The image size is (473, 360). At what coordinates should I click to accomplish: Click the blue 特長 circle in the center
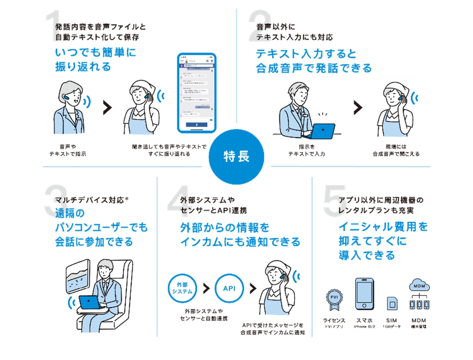(x=236, y=157)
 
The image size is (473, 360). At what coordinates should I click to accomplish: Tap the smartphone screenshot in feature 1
(x=197, y=93)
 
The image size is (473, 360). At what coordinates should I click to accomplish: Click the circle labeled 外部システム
(x=182, y=288)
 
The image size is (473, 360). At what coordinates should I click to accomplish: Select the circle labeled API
(x=229, y=288)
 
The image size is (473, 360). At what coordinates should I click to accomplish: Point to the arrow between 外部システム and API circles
(x=206, y=288)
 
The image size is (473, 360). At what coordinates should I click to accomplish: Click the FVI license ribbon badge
(x=334, y=299)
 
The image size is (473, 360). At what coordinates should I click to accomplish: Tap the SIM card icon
(x=392, y=304)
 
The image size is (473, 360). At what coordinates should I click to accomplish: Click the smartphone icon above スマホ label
(x=364, y=294)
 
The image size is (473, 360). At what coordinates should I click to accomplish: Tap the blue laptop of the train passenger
(x=89, y=302)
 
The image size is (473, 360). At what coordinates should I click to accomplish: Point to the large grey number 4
(x=178, y=201)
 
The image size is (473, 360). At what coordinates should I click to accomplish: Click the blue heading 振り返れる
(x=83, y=67)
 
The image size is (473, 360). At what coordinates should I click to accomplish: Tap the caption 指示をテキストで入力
(x=307, y=150)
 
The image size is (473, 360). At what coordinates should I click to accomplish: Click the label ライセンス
(x=334, y=321)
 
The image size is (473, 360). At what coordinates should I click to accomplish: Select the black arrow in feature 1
(x=108, y=108)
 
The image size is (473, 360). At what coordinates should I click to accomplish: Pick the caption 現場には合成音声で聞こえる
(x=396, y=150)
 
